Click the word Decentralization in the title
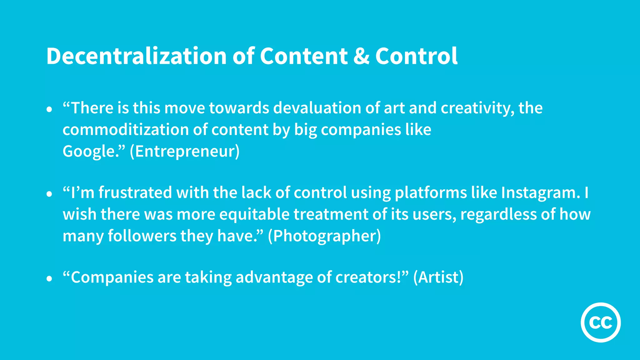click(136, 56)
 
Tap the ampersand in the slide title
click(361, 56)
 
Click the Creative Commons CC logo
click(601, 322)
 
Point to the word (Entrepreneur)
click(185, 152)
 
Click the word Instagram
click(540, 192)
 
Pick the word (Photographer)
click(324, 236)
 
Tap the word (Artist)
click(438, 277)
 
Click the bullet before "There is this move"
click(49, 110)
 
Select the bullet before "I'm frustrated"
click(49, 194)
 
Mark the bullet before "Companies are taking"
click(49, 279)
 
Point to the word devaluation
click(317, 108)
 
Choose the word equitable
click(254, 215)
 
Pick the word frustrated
click(135, 192)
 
